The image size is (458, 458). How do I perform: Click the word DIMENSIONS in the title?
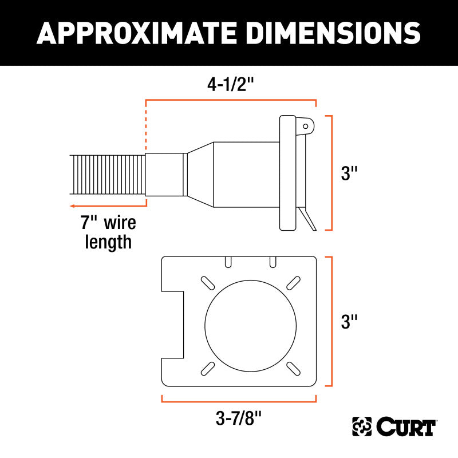pos(327,33)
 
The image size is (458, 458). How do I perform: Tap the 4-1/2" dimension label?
pos(229,84)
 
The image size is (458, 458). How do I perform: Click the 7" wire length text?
pos(108,232)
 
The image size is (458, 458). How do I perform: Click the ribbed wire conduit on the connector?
pos(108,175)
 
